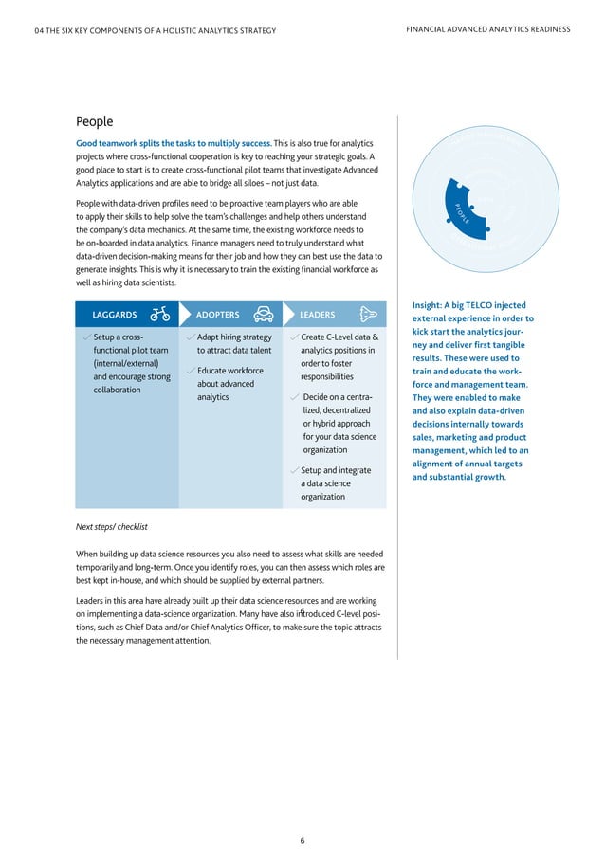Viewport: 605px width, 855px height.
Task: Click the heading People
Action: (x=94, y=121)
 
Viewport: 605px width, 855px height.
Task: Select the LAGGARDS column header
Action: (x=114, y=315)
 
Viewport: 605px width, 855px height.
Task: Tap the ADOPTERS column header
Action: (x=217, y=315)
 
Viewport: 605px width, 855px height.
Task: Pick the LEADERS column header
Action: (x=317, y=315)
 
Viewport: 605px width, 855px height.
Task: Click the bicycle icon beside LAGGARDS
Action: (x=160, y=314)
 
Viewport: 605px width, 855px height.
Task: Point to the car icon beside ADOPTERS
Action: (x=265, y=314)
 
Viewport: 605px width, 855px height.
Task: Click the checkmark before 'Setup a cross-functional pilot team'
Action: (x=86, y=337)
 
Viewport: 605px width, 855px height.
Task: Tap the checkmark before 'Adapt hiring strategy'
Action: (x=191, y=337)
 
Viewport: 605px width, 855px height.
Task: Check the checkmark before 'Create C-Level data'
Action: (x=294, y=337)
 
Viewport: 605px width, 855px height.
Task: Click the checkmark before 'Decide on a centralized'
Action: (x=295, y=397)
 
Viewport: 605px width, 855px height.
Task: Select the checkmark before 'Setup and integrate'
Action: (x=294, y=470)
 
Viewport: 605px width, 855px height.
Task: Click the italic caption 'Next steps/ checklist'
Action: (x=111, y=526)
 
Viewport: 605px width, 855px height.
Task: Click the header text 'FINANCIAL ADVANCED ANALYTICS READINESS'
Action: (x=487, y=29)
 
